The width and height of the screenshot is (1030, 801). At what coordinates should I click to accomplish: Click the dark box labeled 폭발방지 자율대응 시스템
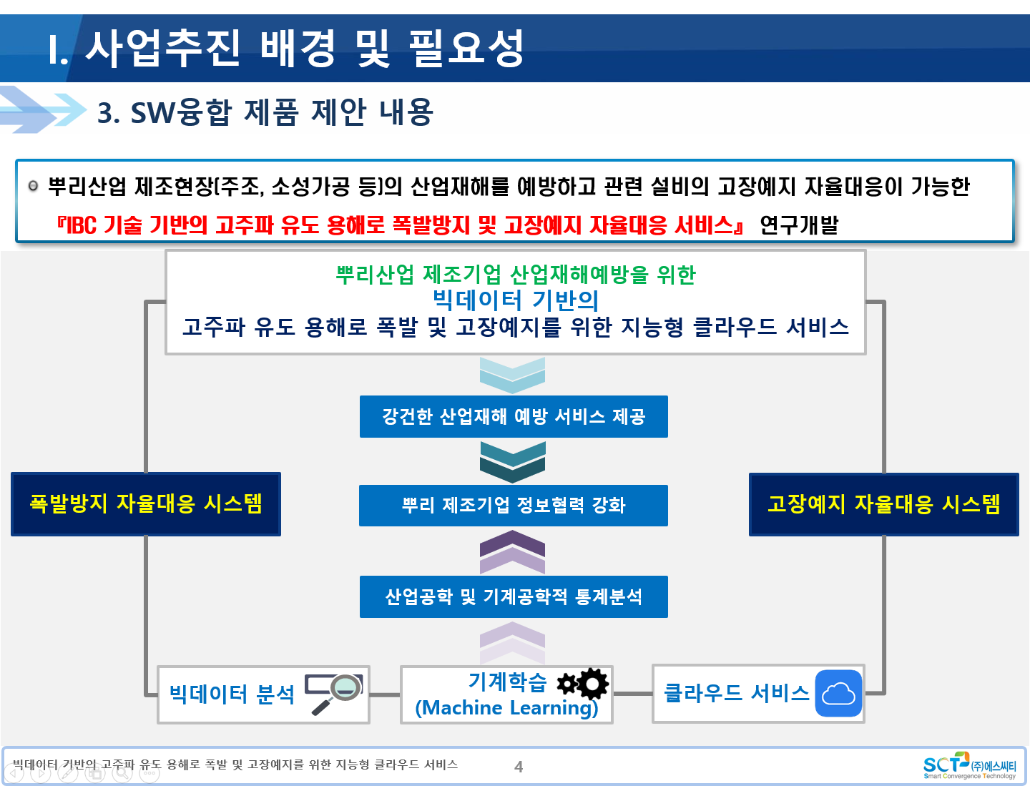point(145,503)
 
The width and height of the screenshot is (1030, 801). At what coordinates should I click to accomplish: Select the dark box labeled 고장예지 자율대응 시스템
point(883,503)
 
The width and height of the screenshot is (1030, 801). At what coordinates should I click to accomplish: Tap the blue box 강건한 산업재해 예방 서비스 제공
point(514,416)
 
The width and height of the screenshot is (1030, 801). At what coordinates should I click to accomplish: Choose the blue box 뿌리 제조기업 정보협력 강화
point(514,505)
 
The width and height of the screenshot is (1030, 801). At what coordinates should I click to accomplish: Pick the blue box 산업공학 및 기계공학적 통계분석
point(514,596)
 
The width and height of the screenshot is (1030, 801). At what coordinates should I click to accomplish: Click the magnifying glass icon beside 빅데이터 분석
point(334,693)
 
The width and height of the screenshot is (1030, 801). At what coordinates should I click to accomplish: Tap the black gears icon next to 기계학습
point(582,684)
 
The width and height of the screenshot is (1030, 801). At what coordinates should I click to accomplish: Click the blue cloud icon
point(838,693)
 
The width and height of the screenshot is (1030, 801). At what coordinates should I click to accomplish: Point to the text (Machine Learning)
point(506,707)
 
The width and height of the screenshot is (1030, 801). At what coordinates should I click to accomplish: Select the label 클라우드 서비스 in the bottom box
point(736,693)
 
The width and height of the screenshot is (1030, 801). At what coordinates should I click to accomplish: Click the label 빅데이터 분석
point(232,694)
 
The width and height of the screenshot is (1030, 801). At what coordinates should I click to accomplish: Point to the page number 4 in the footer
point(519,767)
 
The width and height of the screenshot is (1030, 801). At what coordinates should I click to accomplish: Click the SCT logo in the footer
point(969,765)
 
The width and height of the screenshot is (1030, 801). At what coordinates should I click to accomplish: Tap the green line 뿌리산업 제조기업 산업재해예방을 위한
point(515,275)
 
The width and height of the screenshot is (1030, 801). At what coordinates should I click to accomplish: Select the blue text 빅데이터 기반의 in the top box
point(515,300)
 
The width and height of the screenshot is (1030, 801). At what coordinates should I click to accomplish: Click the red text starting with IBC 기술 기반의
point(400,225)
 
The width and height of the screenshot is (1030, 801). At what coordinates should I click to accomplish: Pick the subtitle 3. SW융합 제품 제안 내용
point(265,112)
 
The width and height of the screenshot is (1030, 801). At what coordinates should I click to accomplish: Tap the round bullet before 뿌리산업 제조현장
point(33,185)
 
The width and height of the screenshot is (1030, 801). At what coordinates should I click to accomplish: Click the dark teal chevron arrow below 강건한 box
point(512,462)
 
